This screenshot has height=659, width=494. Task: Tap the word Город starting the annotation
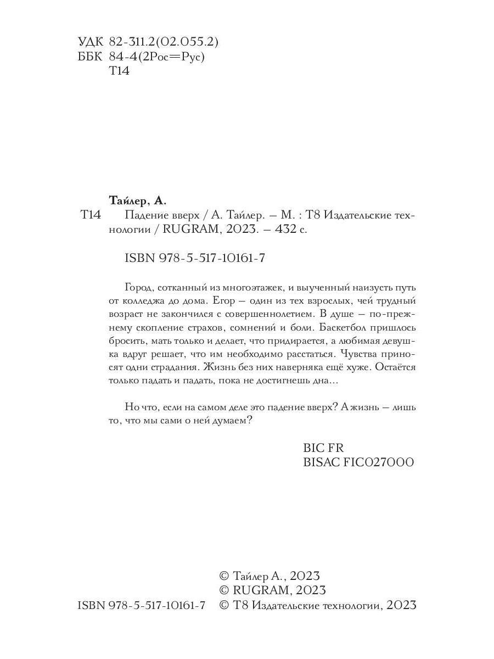pyautogui.click(x=139, y=287)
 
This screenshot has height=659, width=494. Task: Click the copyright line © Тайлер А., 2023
pyautogui.click(x=269, y=576)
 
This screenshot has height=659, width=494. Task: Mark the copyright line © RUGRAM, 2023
pyautogui.click(x=272, y=590)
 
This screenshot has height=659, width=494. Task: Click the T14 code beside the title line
pyautogui.click(x=91, y=215)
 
